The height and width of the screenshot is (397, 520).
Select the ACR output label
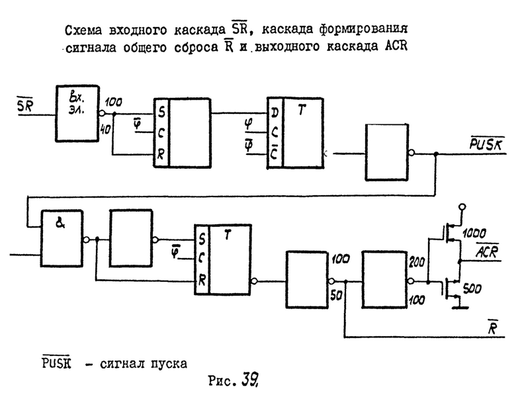487,251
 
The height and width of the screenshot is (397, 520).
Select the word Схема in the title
86,31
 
